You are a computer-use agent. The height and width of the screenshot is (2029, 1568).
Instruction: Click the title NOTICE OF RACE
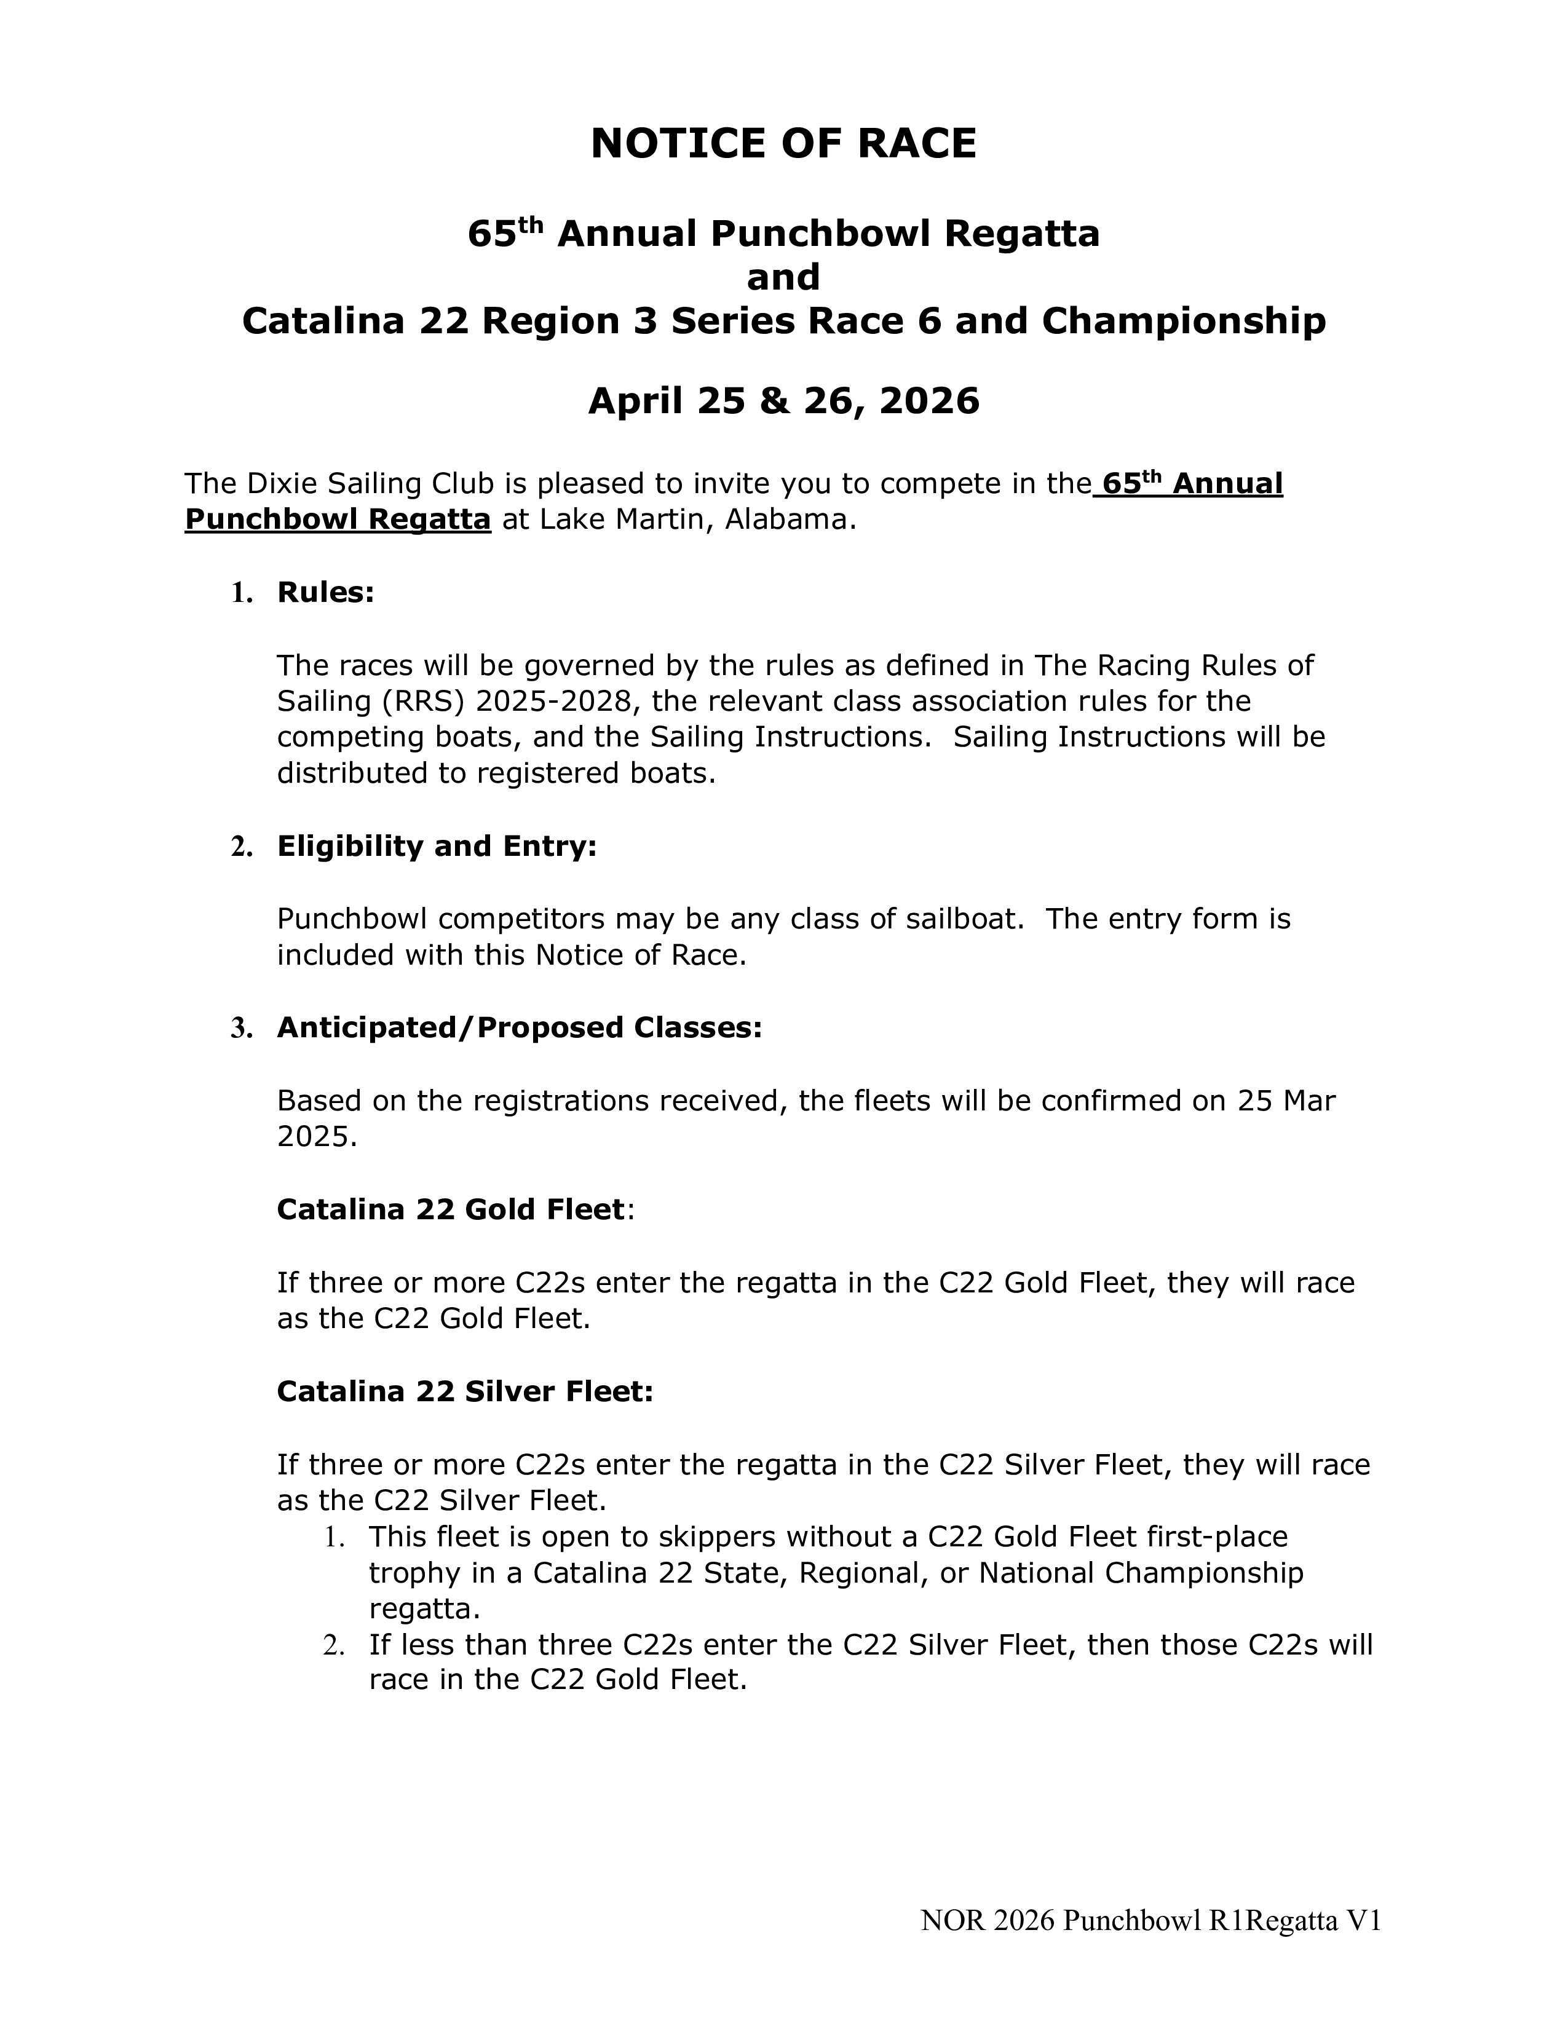pyautogui.click(x=783, y=144)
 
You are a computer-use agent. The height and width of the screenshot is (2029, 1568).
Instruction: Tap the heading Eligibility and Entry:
pyautogui.click(x=437, y=847)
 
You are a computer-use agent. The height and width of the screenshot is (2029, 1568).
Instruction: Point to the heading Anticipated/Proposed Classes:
pyautogui.click(x=519, y=1027)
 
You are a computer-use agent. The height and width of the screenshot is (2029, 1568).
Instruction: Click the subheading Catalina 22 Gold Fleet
pyautogui.click(x=451, y=1209)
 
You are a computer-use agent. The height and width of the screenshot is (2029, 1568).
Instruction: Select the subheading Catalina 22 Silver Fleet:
pyautogui.click(x=464, y=1391)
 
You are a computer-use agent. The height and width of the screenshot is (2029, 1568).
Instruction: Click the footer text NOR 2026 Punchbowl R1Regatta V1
pyautogui.click(x=1150, y=1920)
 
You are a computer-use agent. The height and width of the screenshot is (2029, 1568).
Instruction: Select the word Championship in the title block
pyautogui.click(x=1184, y=322)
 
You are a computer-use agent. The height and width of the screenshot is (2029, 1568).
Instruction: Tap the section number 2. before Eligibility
pyautogui.click(x=242, y=847)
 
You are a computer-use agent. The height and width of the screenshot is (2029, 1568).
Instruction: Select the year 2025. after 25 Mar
pyautogui.click(x=317, y=1136)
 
